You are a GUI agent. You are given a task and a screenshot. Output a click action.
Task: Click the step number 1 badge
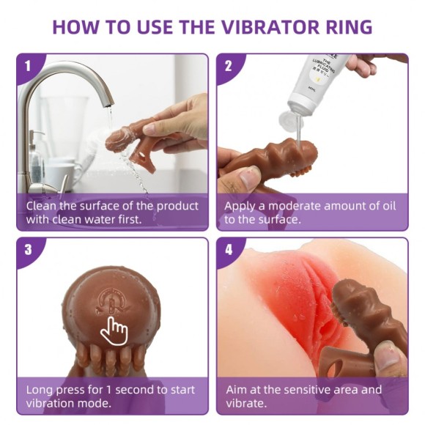click(28, 65)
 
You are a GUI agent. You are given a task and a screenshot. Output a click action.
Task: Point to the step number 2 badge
click(229, 65)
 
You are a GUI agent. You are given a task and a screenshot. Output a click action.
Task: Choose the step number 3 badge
click(28, 249)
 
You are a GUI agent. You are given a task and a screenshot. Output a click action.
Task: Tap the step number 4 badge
click(229, 249)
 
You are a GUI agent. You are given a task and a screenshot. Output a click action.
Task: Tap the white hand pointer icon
click(114, 330)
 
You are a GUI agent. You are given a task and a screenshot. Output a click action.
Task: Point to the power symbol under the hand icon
click(110, 302)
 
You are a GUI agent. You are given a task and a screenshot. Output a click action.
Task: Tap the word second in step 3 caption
click(138, 389)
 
